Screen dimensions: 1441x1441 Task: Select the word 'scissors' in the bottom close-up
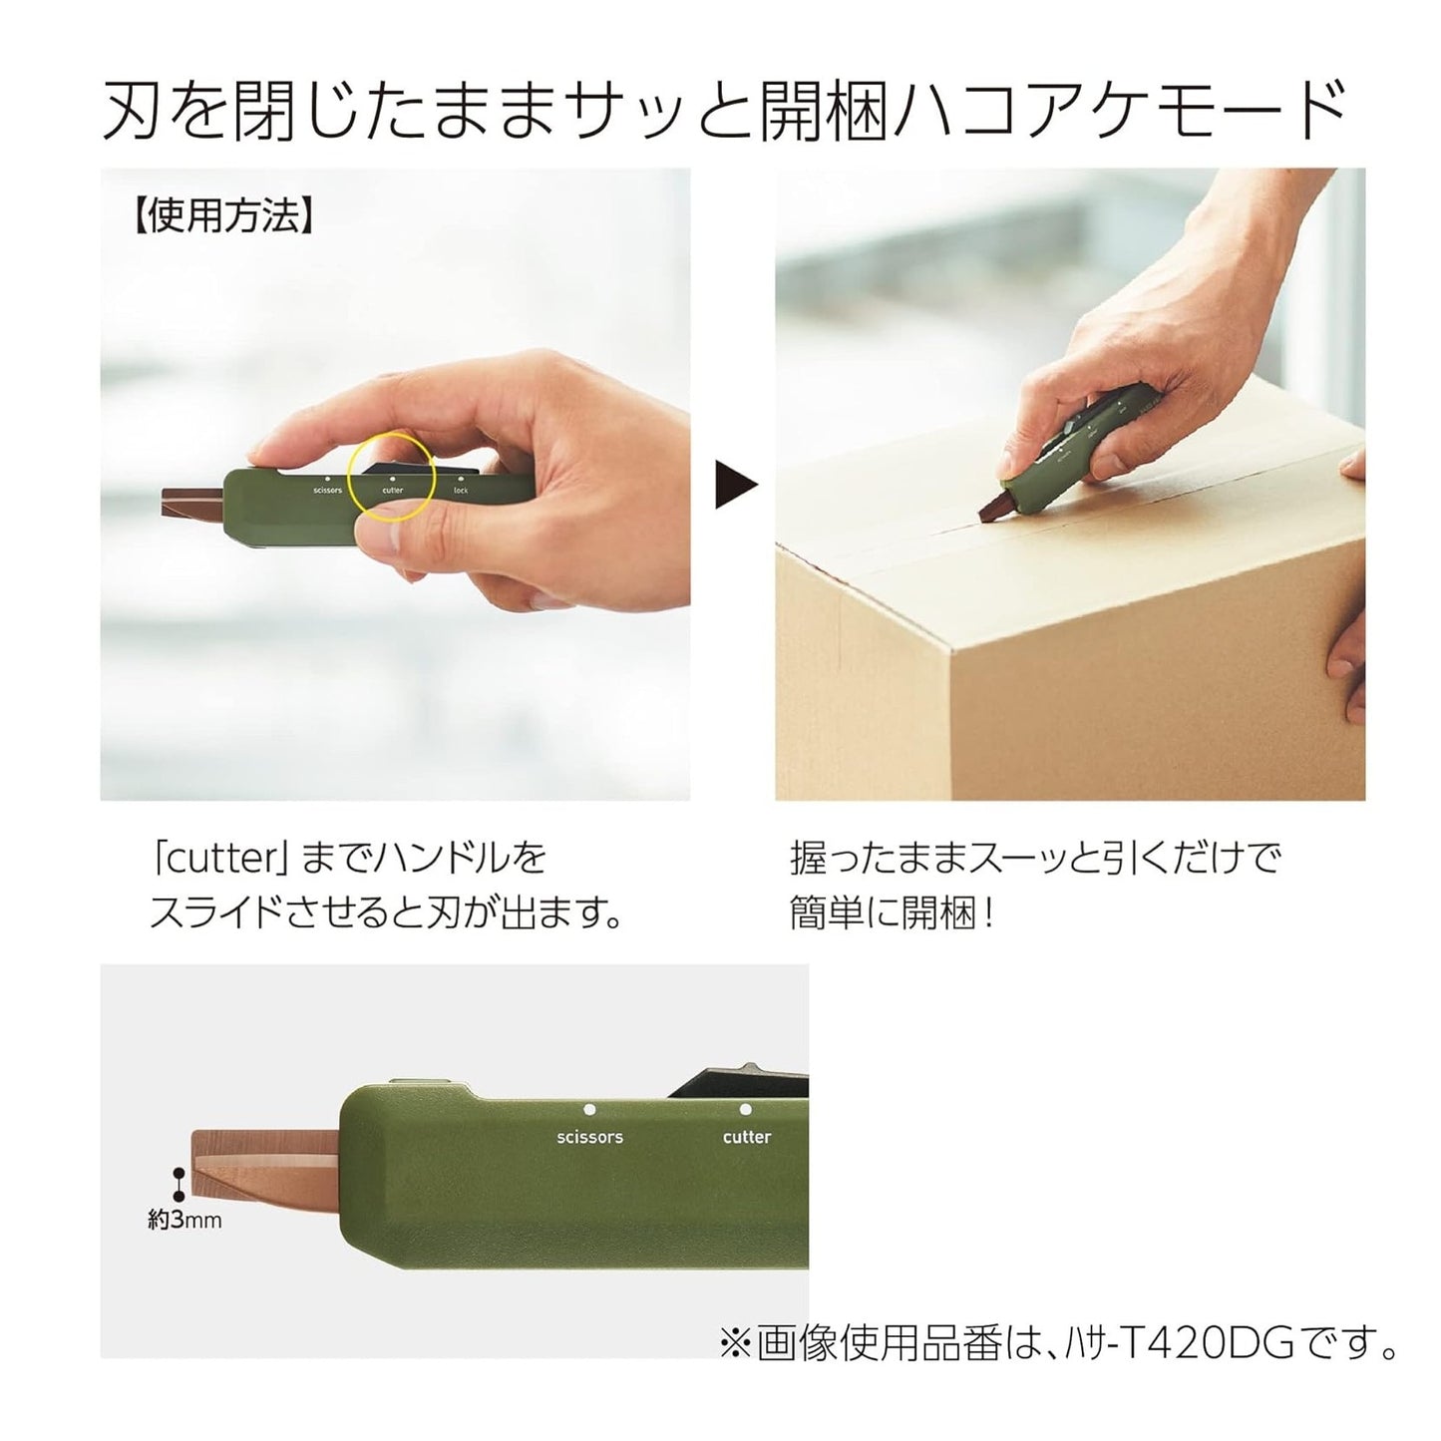point(589,1137)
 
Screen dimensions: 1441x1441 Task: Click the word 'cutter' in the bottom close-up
point(746,1137)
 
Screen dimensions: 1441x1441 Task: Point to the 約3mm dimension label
point(185,1220)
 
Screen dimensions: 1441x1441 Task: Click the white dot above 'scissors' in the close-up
point(589,1109)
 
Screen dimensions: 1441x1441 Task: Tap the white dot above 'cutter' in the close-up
point(745,1109)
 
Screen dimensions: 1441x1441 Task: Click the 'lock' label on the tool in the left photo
point(460,490)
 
